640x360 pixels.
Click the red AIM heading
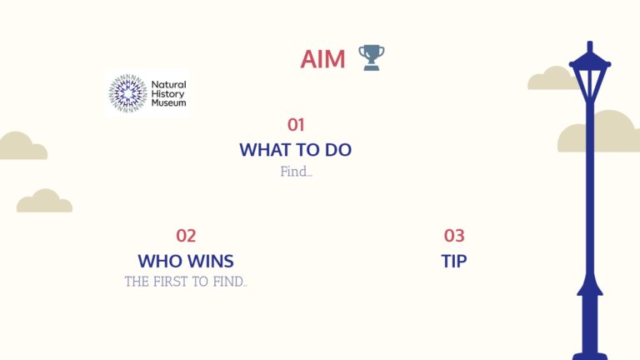[322, 59]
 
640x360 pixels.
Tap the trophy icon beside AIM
[372, 57]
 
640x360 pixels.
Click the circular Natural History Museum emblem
[127, 93]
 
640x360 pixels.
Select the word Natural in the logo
[168, 84]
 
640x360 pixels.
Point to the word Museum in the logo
[168, 102]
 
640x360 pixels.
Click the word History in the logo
[167, 94]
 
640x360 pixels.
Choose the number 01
[296, 125]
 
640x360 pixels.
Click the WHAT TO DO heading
[296, 150]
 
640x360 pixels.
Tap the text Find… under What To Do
[297, 172]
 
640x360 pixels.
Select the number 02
[186, 236]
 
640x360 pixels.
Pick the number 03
[454, 236]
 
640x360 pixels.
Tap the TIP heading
[454, 261]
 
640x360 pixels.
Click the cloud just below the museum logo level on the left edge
[22, 146]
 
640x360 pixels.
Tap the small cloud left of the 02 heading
[44, 201]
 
